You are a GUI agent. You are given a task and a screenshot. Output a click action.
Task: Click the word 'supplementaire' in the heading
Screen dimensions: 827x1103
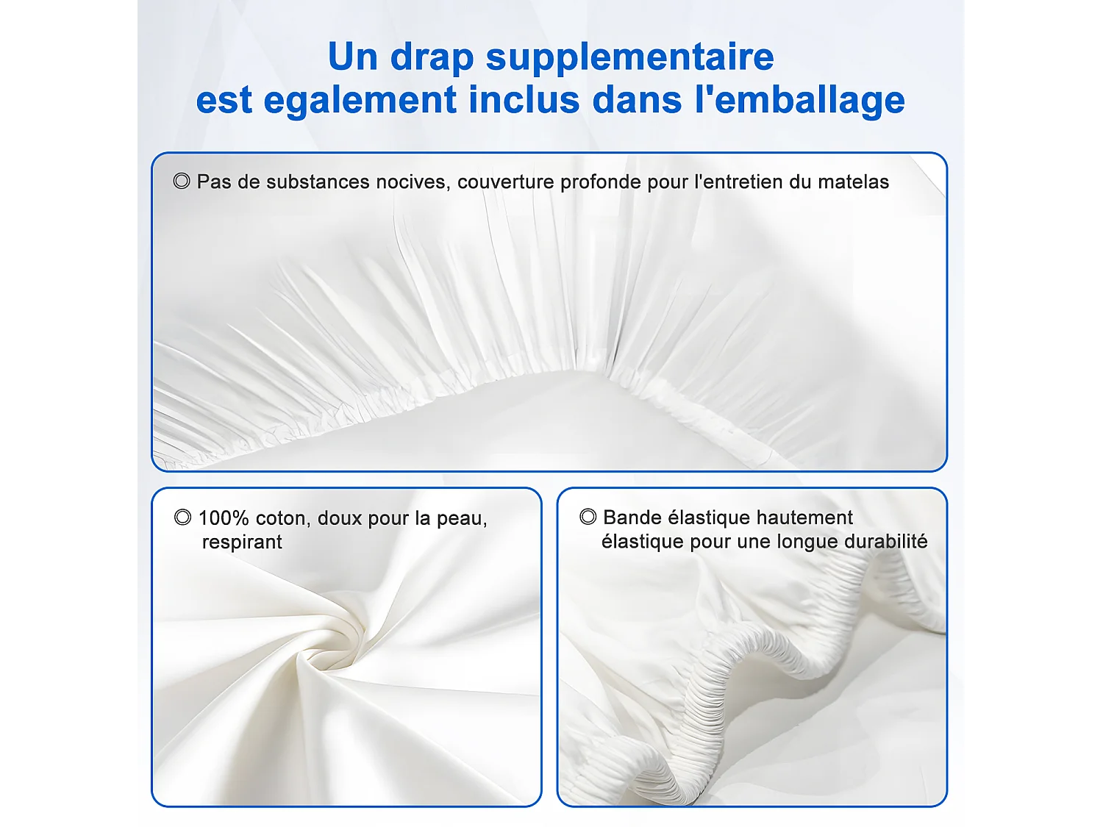[x=629, y=57]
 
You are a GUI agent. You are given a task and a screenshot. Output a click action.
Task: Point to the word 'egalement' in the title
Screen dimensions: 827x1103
[x=360, y=100]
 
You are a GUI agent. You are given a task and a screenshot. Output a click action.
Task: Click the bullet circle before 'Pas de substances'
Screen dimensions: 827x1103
[x=182, y=181]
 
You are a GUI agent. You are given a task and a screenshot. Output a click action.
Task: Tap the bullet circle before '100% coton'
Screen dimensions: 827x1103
[x=182, y=518]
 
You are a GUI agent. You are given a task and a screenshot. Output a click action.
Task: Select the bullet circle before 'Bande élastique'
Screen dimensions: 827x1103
[x=588, y=517]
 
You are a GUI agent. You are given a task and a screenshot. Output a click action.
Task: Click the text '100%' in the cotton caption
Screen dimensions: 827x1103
[x=224, y=518]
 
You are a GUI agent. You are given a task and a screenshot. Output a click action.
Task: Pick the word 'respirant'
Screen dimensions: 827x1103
[x=242, y=543]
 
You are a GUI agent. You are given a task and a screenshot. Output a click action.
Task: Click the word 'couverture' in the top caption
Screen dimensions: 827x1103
[x=506, y=182]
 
